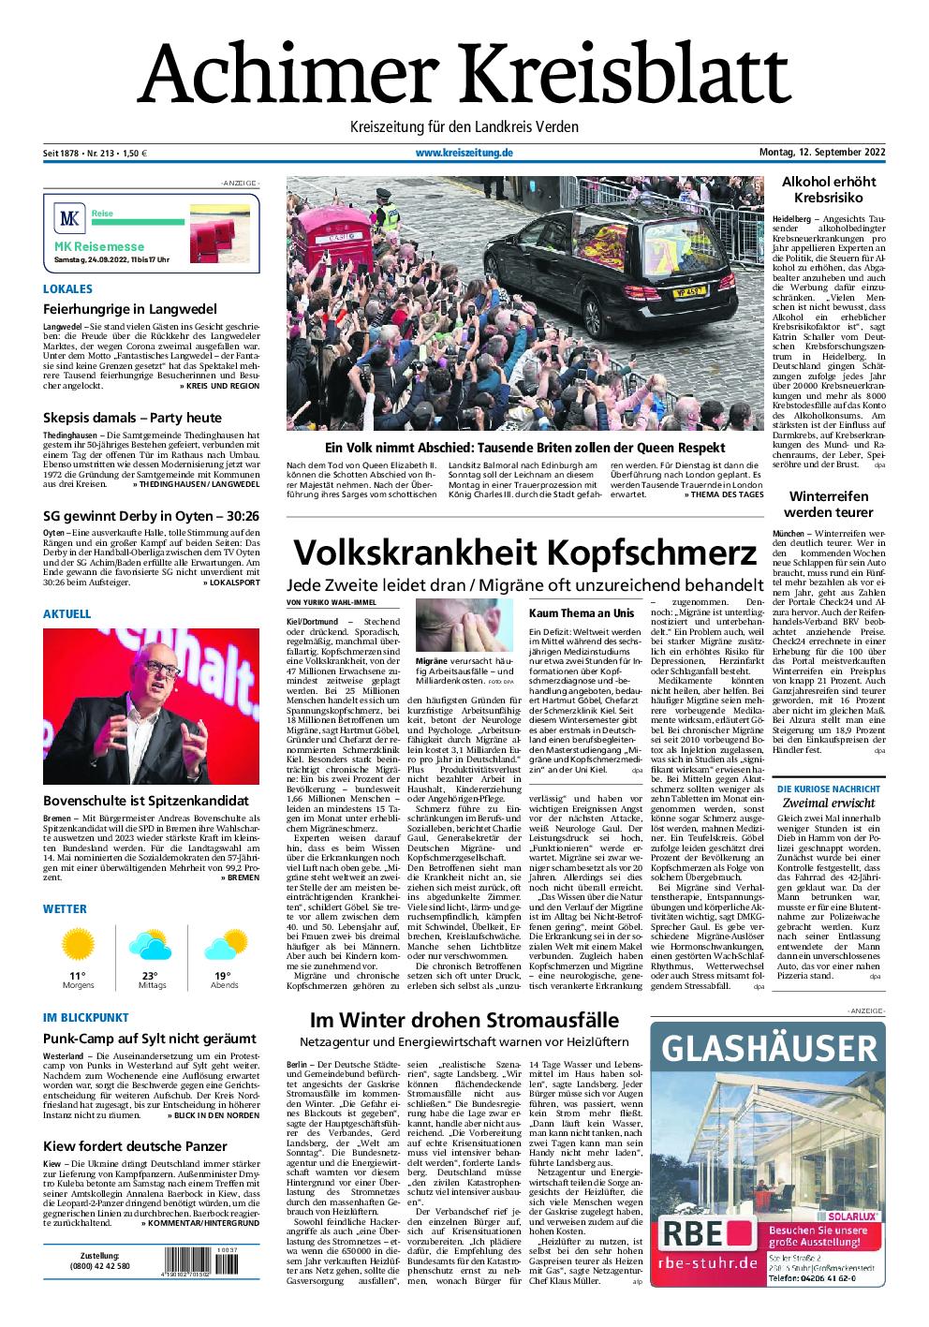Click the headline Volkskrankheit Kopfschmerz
coord(524,553)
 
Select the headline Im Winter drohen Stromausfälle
coord(464,1020)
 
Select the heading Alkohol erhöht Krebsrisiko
coord(828,189)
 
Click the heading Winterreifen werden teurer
coord(828,504)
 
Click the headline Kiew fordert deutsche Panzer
coord(135,1145)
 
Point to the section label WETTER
coord(65,908)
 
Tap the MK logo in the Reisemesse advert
coord(70,221)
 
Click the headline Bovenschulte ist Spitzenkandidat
coord(145,801)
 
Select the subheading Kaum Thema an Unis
coord(568,612)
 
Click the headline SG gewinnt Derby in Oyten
coord(138,516)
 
